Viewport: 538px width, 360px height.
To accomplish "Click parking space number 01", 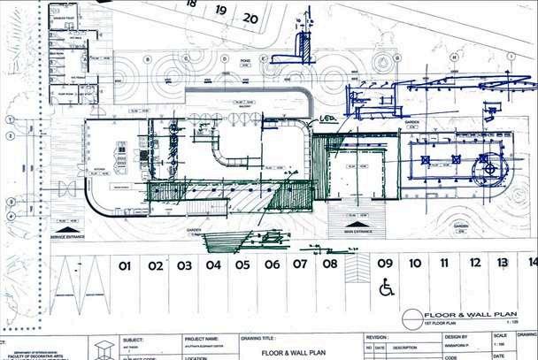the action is (125, 264).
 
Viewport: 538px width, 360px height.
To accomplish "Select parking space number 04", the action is (213, 264).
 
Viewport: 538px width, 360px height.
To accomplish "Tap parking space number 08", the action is (329, 264).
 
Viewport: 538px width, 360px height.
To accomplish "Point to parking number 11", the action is (444, 263).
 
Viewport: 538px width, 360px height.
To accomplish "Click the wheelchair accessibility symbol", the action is (386, 287).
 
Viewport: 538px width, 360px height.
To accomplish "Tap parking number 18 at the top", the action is (191, 4).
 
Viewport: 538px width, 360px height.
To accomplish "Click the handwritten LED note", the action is (328, 118).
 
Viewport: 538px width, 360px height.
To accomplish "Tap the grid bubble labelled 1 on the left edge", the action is (11, 119).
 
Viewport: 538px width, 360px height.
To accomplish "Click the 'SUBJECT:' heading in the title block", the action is (134, 339).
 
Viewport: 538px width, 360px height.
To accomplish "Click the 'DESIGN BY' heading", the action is (456, 337).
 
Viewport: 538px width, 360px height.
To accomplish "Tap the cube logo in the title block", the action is (104, 348).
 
